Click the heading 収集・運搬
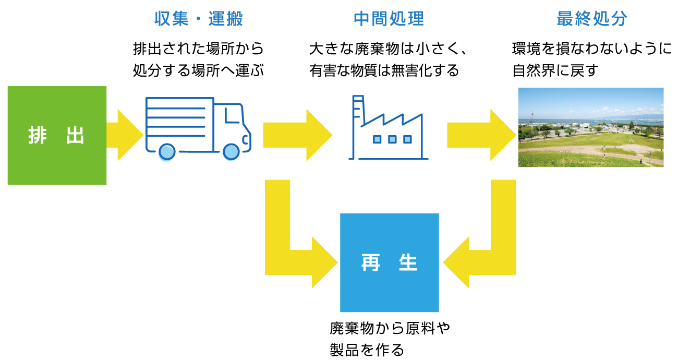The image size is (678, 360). [199, 19]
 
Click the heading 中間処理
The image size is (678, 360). [389, 19]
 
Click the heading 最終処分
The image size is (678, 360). [592, 19]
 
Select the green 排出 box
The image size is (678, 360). [57, 157]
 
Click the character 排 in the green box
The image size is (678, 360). [38, 136]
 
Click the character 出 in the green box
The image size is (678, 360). [76, 136]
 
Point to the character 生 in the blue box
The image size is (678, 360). [408, 263]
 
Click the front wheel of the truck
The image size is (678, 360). [231, 152]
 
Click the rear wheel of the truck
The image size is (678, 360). [167, 152]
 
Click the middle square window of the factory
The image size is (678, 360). [392, 139]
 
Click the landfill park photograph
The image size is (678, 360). [590, 127]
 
